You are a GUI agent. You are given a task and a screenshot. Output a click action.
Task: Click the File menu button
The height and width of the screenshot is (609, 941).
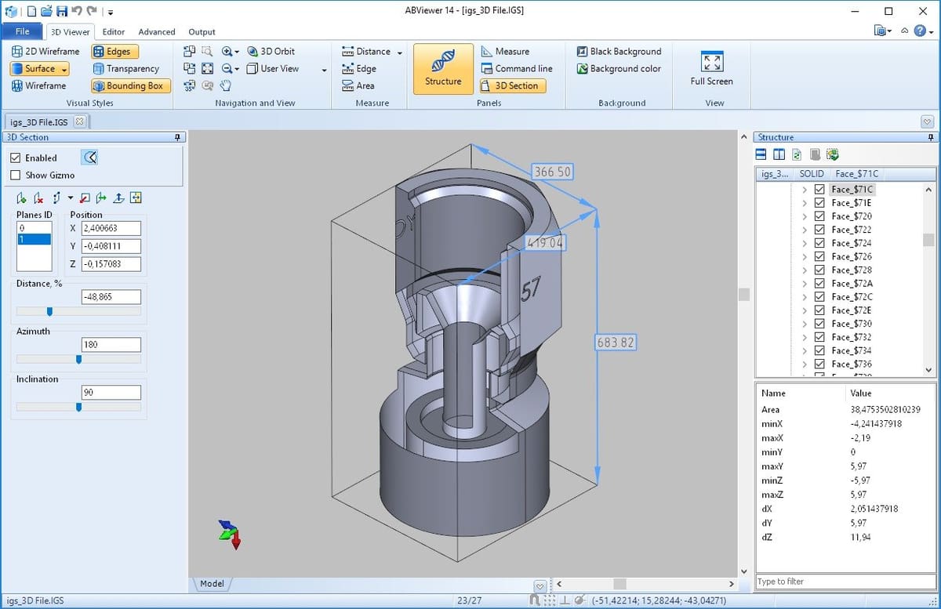pos(22,31)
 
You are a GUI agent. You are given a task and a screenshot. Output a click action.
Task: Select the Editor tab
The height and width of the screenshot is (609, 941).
pos(114,32)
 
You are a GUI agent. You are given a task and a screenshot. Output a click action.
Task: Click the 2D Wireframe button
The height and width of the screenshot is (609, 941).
pos(45,51)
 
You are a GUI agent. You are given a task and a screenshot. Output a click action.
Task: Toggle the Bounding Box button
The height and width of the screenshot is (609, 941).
pos(131,85)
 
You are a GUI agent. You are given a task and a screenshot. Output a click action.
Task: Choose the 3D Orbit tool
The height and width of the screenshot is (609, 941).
pos(271,51)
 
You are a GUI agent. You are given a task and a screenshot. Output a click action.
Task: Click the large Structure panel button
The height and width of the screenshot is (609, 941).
pos(443,69)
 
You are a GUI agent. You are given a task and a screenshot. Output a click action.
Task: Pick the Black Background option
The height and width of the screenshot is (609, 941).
pos(619,51)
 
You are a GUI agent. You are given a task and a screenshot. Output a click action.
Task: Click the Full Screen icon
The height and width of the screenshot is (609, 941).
pos(712,62)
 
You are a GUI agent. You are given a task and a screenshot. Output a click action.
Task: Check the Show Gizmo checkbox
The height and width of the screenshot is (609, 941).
pos(15,175)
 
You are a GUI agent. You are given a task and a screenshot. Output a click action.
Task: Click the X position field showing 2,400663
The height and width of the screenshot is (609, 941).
pos(111,228)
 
